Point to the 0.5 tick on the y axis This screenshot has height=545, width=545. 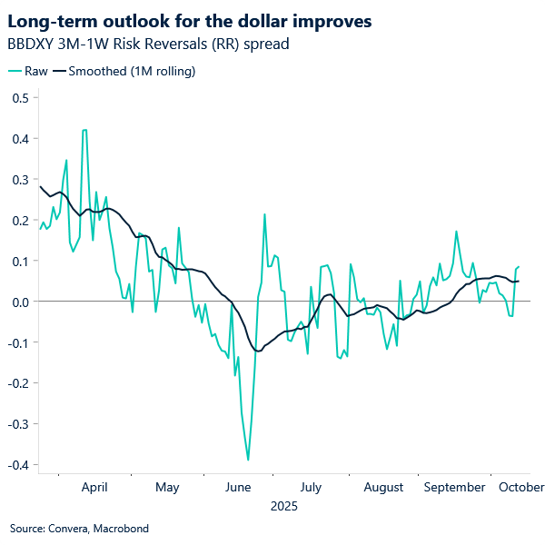tap(20, 98)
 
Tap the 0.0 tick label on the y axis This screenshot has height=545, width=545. tap(20, 302)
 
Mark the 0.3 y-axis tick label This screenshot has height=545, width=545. tap(20, 180)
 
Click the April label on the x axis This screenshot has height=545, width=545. tap(94, 488)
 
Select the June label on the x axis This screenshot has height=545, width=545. tap(237, 488)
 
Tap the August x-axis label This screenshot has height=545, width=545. tap(383, 488)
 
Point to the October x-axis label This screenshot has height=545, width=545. tap(520, 488)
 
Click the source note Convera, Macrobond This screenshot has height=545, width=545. tap(79, 528)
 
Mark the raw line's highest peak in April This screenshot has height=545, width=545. tap(84, 130)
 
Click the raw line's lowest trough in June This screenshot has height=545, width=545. tap(248, 461)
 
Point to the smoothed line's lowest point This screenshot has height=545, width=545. tap(258, 351)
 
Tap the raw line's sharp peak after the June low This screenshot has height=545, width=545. tap(264, 214)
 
